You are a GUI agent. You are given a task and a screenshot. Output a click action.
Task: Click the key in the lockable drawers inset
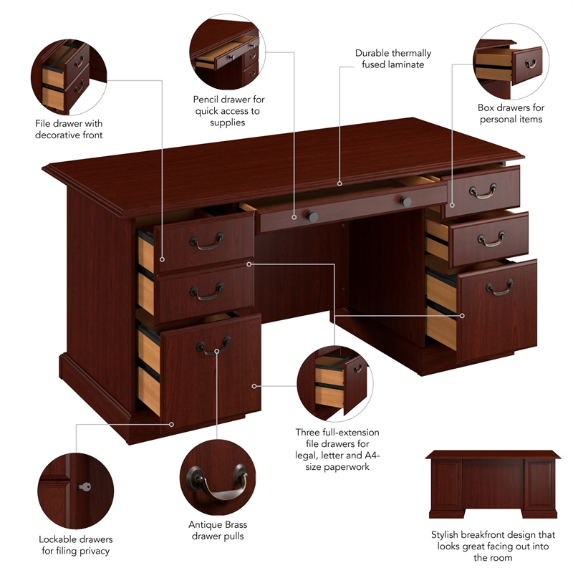(84, 487)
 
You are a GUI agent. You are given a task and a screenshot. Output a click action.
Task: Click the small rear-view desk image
(493, 484)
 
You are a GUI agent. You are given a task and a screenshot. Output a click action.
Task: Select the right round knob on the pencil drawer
(406, 202)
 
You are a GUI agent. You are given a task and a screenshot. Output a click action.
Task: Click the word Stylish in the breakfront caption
(448, 535)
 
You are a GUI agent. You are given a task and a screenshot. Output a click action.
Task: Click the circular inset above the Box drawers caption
(510, 61)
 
